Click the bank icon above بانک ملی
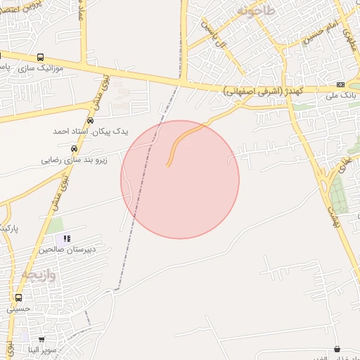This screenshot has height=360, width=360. (x=341, y=84)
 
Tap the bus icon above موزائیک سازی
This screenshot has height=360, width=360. (x=40, y=57)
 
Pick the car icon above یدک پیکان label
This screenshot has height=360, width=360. (x=89, y=121)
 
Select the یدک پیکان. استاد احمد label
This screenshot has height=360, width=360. (x=82, y=131)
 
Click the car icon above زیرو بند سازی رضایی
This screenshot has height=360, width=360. (x=74, y=149)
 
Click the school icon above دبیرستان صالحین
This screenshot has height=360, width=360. (x=67, y=238)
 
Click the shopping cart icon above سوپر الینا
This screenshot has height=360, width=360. (x=41, y=339)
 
